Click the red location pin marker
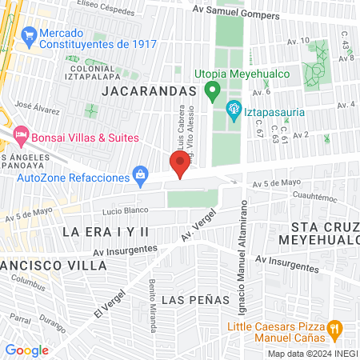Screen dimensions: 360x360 pyautogui.click(x=180, y=165)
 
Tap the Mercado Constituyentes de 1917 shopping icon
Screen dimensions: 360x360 pyautogui.click(x=30, y=35)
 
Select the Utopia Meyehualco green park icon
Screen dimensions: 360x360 pyautogui.click(x=212, y=89)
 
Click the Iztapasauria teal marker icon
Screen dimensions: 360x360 pyautogui.click(x=234, y=108)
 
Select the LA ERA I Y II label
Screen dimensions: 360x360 pyautogui.click(x=106, y=231)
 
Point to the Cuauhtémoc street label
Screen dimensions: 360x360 pyautogui.click(x=295, y=193)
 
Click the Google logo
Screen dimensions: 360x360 pyautogui.click(x=27, y=350)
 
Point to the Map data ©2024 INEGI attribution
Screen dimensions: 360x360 pyautogui.click(x=312, y=354)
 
